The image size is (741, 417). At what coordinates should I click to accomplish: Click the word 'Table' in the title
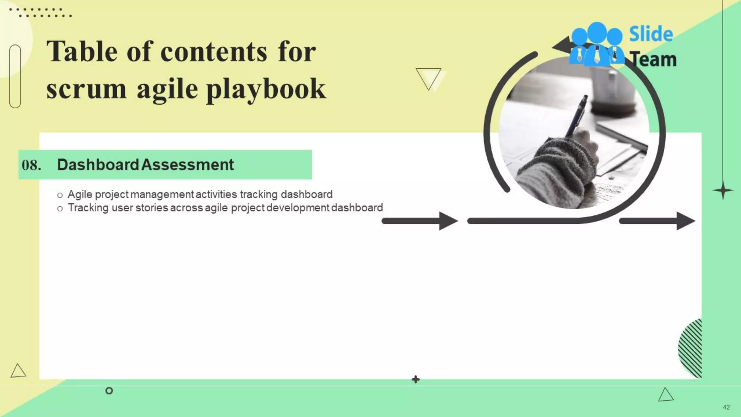click(x=82, y=51)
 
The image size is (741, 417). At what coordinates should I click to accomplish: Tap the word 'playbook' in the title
click(x=266, y=89)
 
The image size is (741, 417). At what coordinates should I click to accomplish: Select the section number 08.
click(x=31, y=165)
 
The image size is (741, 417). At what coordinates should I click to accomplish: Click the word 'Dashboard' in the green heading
click(x=98, y=165)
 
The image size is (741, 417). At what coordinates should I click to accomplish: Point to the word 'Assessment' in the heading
click(x=187, y=165)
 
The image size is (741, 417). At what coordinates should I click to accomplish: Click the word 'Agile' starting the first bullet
click(x=80, y=194)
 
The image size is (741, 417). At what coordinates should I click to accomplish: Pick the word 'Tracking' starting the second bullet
click(x=88, y=208)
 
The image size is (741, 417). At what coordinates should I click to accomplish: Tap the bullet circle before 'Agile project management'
click(x=60, y=195)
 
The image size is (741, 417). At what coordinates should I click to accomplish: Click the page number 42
click(x=726, y=407)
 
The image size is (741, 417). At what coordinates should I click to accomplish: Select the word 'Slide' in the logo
click(x=651, y=34)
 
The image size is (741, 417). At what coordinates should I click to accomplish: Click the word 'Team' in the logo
click(x=653, y=59)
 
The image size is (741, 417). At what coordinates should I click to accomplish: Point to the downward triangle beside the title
click(x=429, y=78)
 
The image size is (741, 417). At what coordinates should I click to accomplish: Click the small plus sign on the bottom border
click(x=416, y=379)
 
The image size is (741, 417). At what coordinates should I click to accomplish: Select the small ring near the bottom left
click(x=109, y=391)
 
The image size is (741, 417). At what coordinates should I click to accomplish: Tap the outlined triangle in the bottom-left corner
click(x=18, y=371)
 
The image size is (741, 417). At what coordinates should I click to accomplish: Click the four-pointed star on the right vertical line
click(x=723, y=190)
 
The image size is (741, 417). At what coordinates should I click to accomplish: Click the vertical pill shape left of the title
click(x=15, y=76)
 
